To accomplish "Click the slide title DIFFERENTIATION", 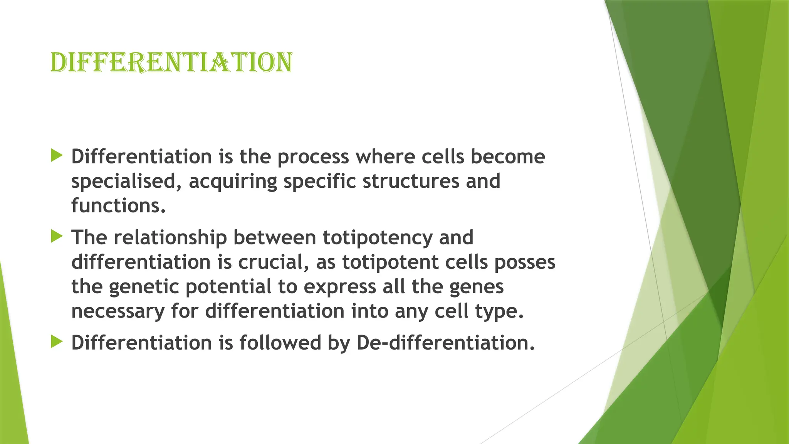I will [171, 62].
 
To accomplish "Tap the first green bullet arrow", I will [56, 156].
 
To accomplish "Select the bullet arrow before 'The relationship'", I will [56, 236].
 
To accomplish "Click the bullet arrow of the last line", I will [56, 341].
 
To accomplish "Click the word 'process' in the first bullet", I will [313, 157].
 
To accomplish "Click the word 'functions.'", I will [118, 205].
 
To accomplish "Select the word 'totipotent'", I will [390, 262].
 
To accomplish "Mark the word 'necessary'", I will [118, 311].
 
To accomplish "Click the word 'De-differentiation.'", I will [446, 343].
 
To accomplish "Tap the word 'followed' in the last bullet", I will [280, 343].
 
